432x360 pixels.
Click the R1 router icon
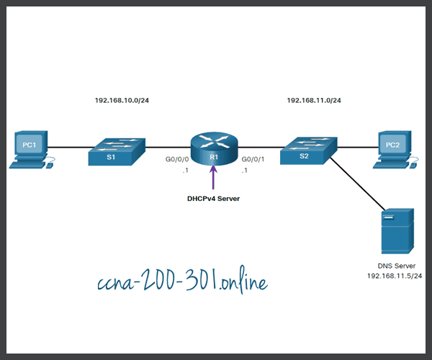[x=214, y=150]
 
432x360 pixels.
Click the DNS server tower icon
[x=397, y=230]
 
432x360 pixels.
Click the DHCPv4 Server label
[x=214, y=198]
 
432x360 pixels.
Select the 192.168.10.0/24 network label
[x=122, y=100]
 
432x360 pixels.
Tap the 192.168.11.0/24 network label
[x=314, y=100]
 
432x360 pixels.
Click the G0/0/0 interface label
[x=177, y=158]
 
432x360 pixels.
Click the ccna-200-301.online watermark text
[x=181, y=282]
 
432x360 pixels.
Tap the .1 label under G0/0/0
[x=186, y=170]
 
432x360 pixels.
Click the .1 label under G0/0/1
[x=245, y=170]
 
